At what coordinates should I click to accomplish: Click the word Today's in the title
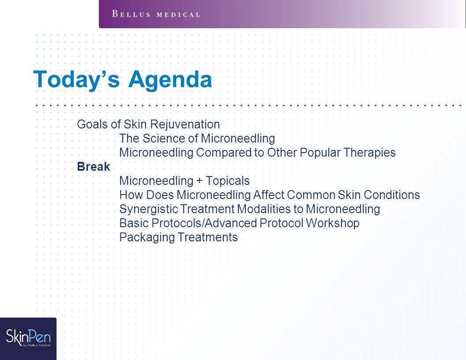coord(76,79)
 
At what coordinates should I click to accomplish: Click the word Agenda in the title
coord(170,79)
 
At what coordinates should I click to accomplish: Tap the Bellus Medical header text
coord(156,14)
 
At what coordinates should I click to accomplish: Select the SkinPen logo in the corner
coord(28,339)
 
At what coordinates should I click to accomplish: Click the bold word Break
coord(94,167)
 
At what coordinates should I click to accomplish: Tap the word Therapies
coord(369,153)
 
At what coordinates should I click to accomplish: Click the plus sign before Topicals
coord(199,181)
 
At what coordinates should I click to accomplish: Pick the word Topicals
coord(228,181)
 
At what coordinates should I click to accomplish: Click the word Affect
coord(269,195)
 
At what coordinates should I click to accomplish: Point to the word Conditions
coord(392,195)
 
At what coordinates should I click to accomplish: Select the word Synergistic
coord(149,209)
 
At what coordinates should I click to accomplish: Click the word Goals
coord(92,124)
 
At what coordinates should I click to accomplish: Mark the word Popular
coord(320,153)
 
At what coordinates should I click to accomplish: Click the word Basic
coord(134,223)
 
